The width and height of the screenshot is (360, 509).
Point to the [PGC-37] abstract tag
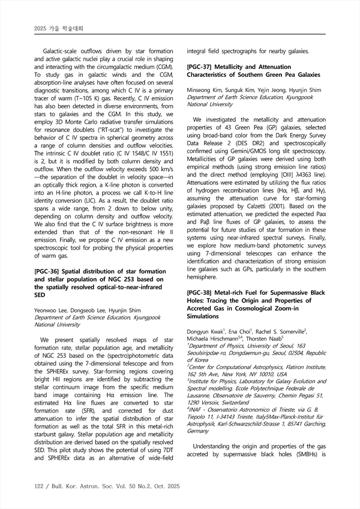[x=203, y=67]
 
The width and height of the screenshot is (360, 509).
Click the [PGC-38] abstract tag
[x=203, y=293]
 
